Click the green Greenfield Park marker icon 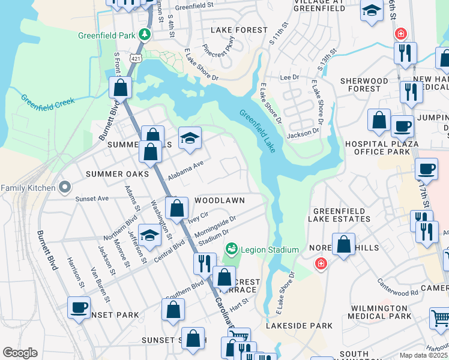(144, 35)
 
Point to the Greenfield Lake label (258, 131)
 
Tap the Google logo (20, 353)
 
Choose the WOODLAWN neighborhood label (218, 199)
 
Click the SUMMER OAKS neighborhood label (117, 174)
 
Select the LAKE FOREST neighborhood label (239, 30)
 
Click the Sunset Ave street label (91, 198)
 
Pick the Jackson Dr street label (303, 134)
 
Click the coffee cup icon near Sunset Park (79, 307)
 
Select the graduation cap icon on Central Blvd (149, 235)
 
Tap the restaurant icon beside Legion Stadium (205, 263)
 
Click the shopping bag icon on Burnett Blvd (121, 88)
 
